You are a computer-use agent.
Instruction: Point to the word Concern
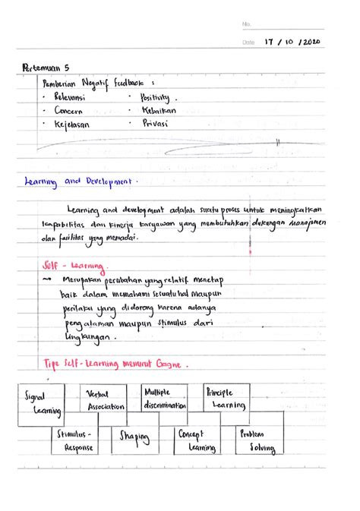(x=71, y=112)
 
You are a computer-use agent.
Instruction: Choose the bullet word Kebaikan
(x=158, y=111)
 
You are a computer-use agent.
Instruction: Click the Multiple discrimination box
(x=165, y=399)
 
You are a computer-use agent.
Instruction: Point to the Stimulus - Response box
(x=75, y=440)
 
